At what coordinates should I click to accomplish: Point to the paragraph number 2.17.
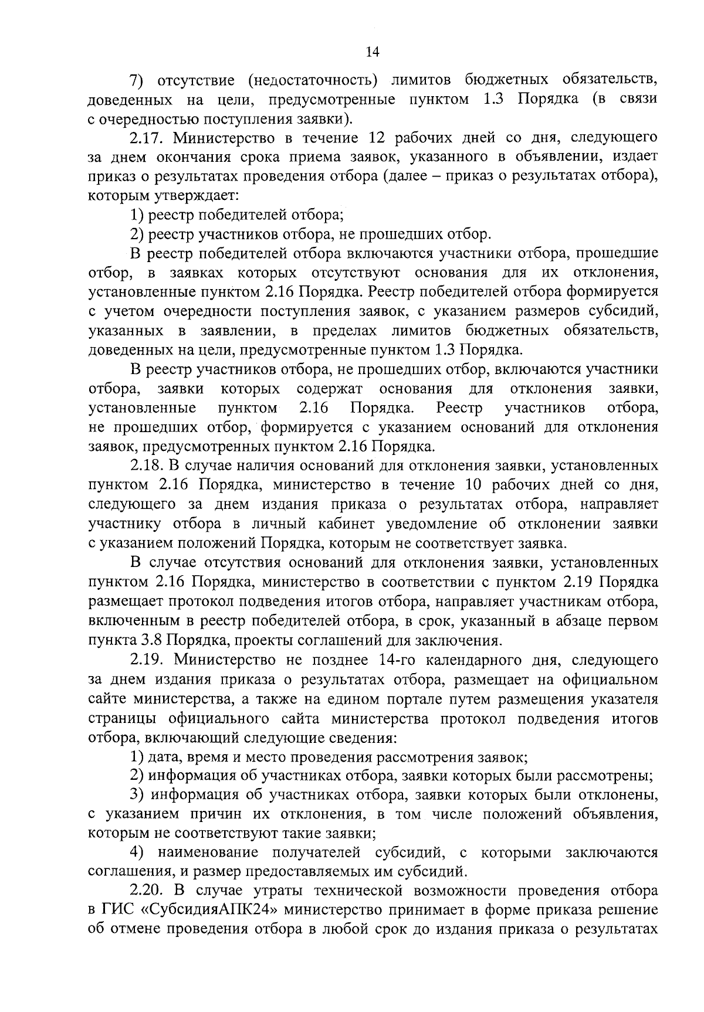pyautogui.click(x=147, y=138)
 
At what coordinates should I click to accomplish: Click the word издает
pyautogui.click(x=635, y=157)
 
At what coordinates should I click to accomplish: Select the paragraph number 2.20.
pyautogui.click(x=147, y=891)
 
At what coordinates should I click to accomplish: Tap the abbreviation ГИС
pyautogui.click(x=116, y=910)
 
